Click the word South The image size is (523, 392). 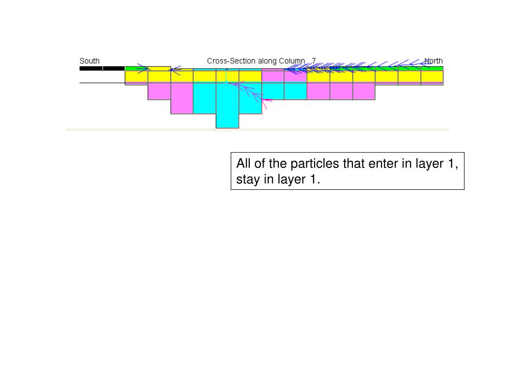(x=89, y=61)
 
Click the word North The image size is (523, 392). (x=434, y=61)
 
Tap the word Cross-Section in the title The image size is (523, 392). (x=231, y=61)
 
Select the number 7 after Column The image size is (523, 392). (x=314, y=61)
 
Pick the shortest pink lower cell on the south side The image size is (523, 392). (x=159, y=91)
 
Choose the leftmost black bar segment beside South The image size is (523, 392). (x=90, y=68)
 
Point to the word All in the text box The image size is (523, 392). (x=243, y=164)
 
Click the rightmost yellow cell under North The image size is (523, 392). (x=432, y=77)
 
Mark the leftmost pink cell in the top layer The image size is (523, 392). (x=273, y=77)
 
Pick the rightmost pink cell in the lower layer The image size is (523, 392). (x=364, y=91)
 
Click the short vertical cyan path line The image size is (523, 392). (x=226, y=76)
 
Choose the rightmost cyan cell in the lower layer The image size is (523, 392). (x=295, y=91)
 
